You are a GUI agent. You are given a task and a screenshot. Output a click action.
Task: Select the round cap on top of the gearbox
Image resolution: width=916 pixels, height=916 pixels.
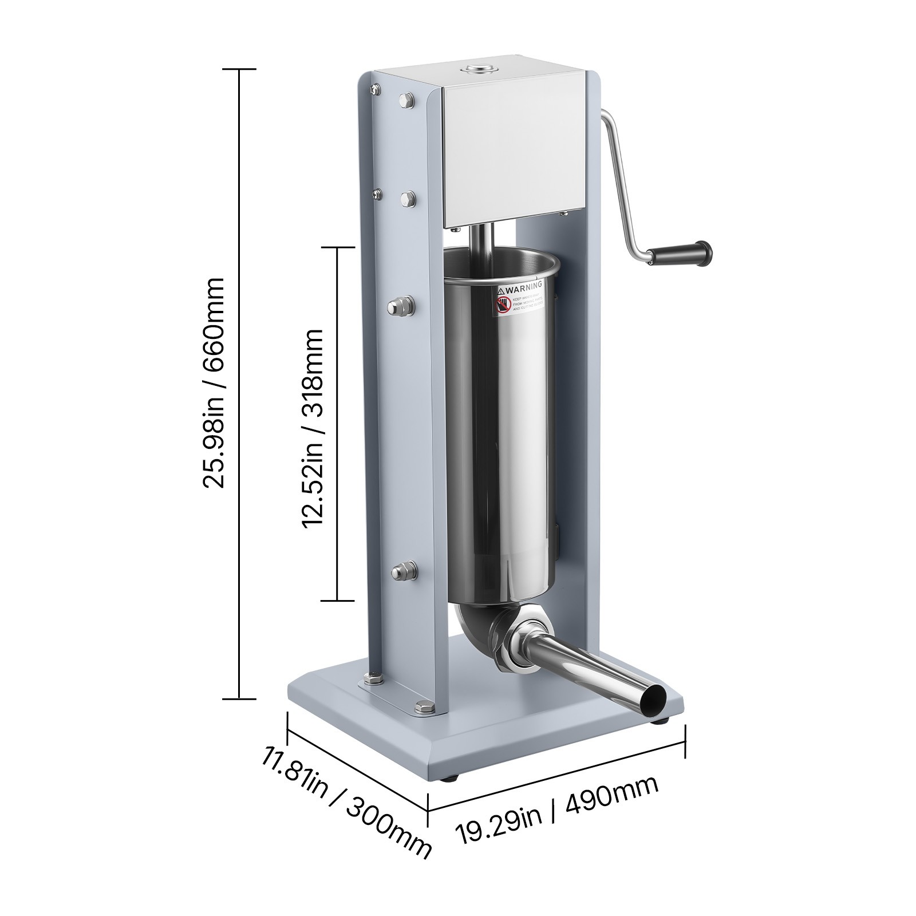[480, 71]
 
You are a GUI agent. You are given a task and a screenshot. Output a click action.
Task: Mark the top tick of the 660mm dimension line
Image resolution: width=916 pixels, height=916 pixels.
[239, 69]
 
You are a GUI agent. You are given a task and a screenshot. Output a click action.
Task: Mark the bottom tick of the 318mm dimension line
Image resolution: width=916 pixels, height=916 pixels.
[337, 601]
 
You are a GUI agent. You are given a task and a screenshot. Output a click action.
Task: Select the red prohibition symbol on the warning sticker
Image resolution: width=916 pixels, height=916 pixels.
[503, 305]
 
